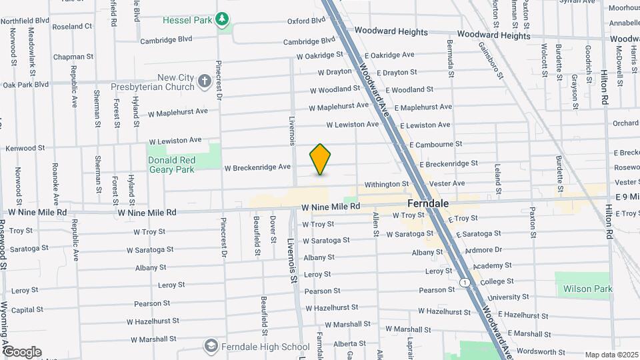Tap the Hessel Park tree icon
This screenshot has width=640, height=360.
click(x=223, y=20)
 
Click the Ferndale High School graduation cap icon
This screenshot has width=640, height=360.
click(x=211, y=346)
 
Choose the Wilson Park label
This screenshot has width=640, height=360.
click(x=587, y=289)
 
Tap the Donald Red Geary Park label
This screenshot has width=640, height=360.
click(x=172, y=165)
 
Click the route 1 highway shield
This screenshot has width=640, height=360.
click(x=463, y=283)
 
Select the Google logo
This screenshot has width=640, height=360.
click(x=22, y=351)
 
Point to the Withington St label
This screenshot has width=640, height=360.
click(x=386, y=184)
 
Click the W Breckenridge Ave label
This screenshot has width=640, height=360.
click(x=257, y=167)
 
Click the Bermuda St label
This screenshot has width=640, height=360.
click(x=450, y=66)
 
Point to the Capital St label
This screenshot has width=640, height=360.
click(x=27, y=310)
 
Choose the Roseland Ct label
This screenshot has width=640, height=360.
click(x=72, y=27)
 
